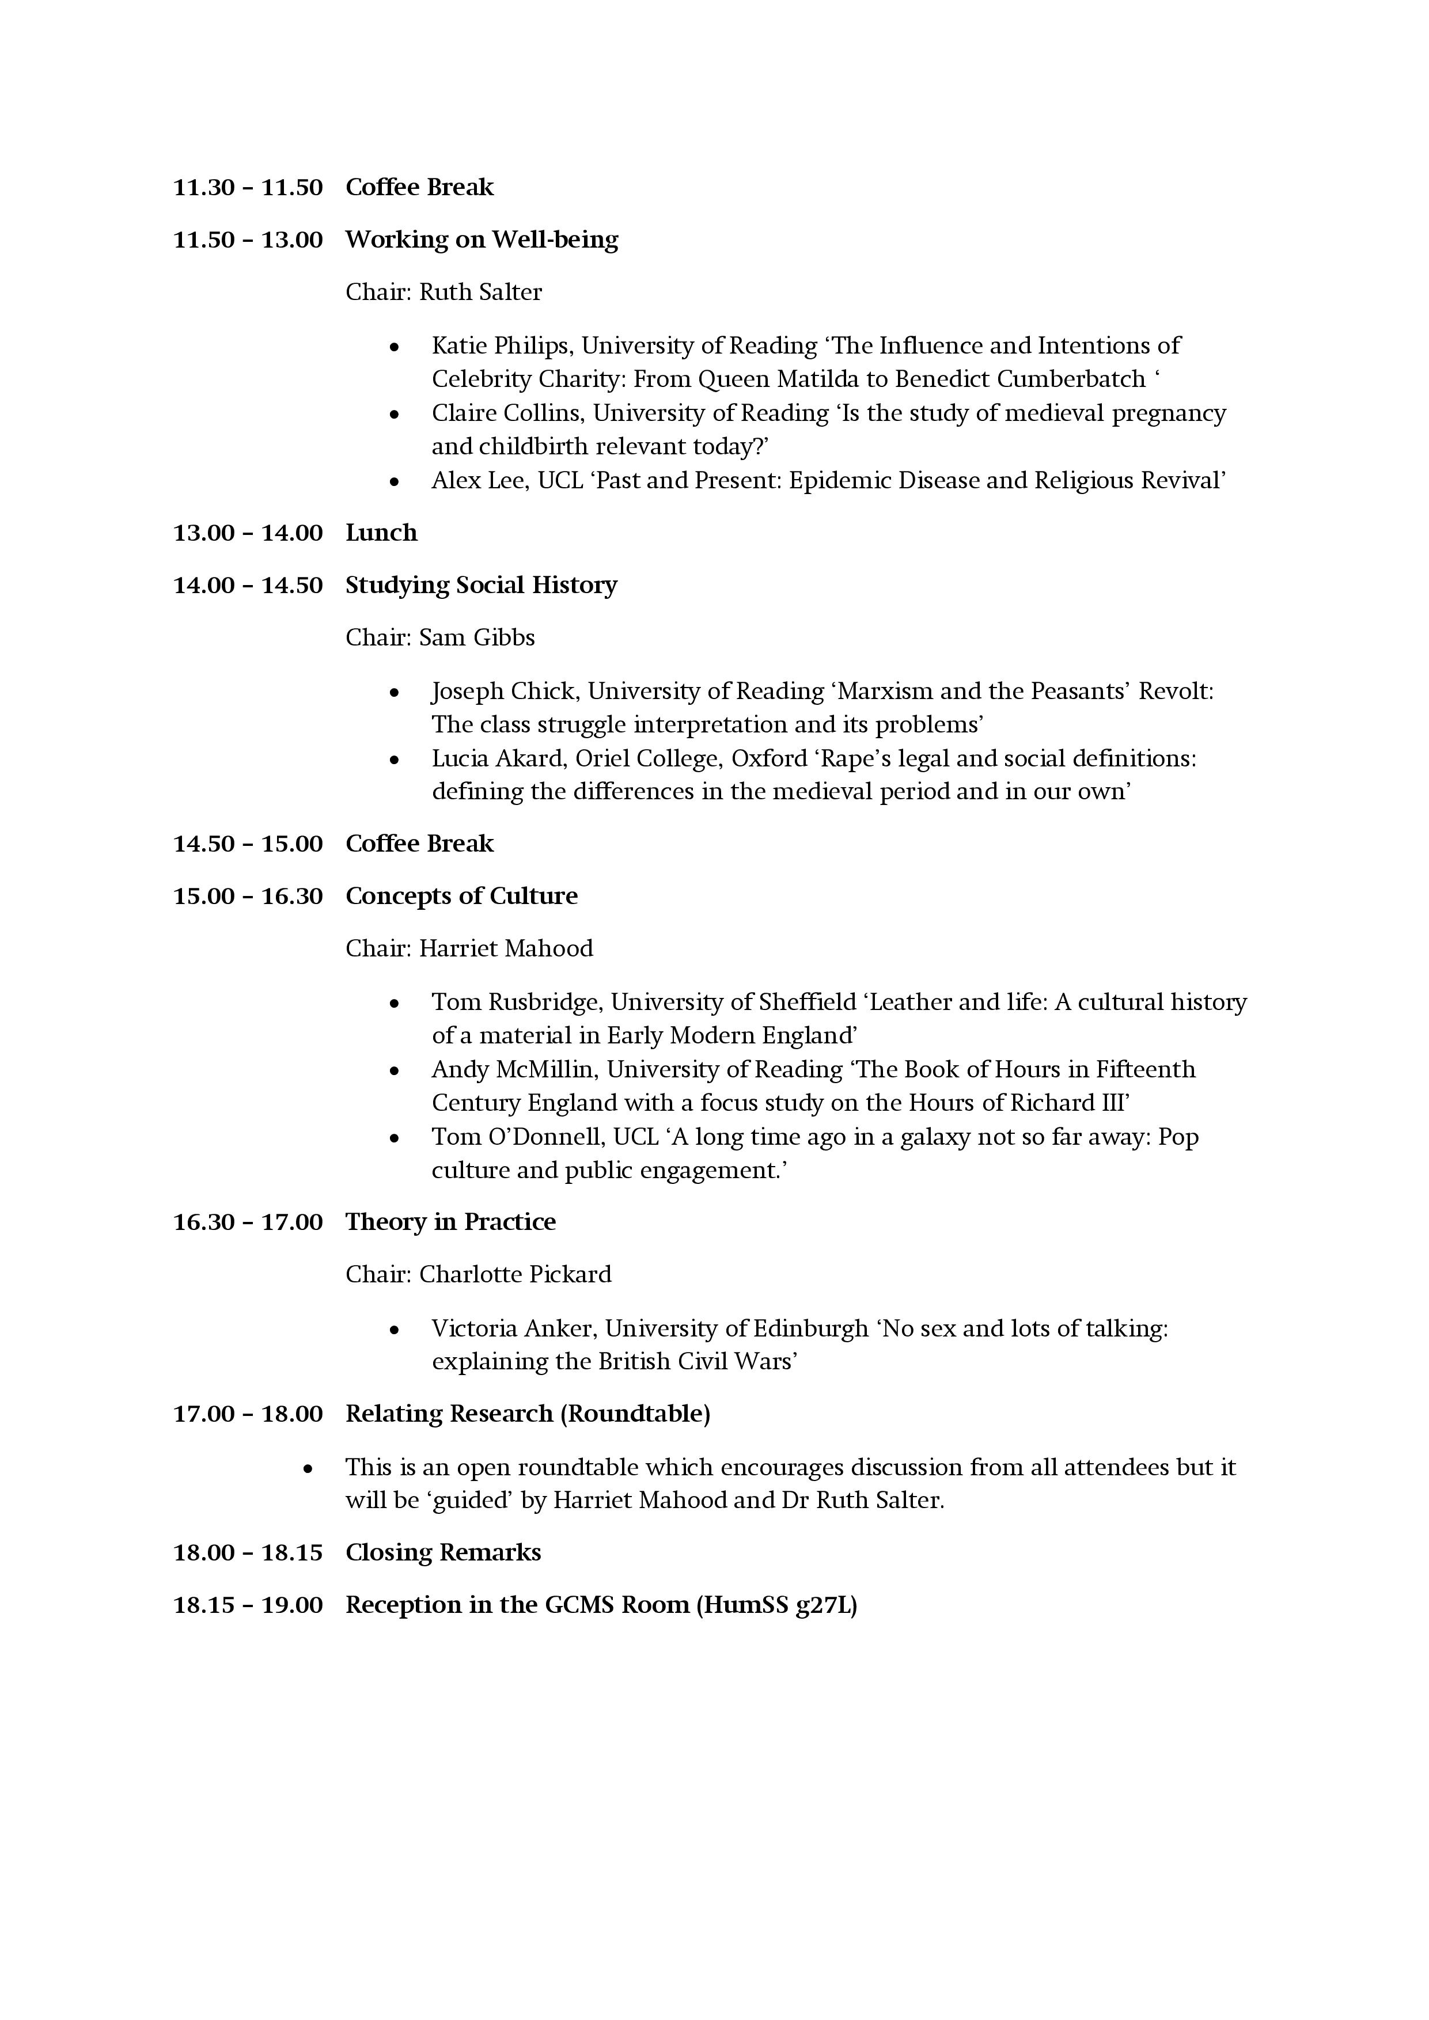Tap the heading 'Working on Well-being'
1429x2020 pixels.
pos(482,240)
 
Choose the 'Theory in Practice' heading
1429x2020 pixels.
pos(450,1222)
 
